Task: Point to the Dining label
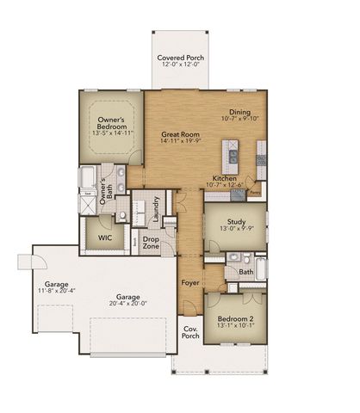tap(240, 112)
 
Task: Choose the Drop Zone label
tap(152, 243)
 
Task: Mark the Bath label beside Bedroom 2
tap(246, 272)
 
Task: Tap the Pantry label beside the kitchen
tap(255, 194)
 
